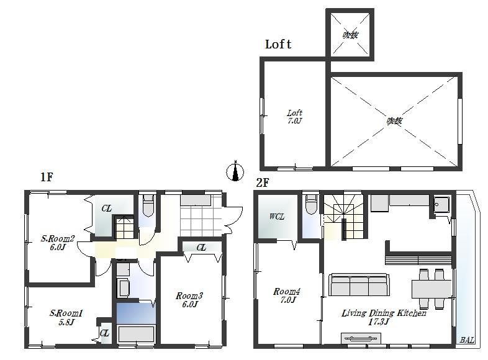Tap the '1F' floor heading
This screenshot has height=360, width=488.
tap(47, 177)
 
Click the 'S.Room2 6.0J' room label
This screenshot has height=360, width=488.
tap(58, 242)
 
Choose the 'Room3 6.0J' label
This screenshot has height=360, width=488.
tap(189, 300)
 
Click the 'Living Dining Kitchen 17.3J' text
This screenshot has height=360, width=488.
tap(384, 317)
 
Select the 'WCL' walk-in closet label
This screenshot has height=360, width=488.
tap(276, 217)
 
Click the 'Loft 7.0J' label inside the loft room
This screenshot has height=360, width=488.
tap(294, 117)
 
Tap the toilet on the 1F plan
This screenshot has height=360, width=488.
tap(148, 204)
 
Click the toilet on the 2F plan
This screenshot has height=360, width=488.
tap(312, 204)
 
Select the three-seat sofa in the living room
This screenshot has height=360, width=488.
tap(359, 285)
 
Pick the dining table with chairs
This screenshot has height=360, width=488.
tap(432, 289)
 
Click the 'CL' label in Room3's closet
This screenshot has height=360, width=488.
tap(201, 248)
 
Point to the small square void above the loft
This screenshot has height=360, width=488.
tap(350, 35)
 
